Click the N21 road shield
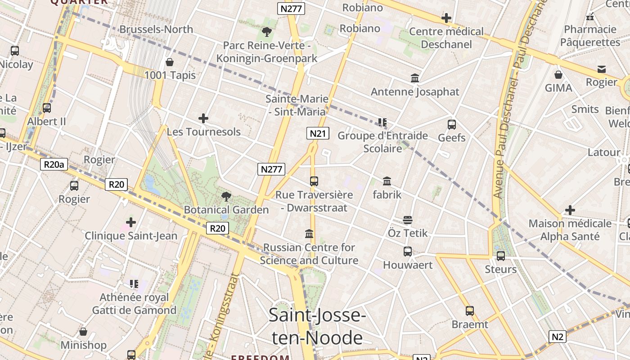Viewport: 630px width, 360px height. point(318,133)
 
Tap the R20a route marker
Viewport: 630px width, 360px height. point(54,164)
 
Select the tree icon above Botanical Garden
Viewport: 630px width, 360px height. point(226,197)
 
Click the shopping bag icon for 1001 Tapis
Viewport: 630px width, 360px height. point(170,62)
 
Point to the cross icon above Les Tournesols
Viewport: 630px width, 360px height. point(203,118)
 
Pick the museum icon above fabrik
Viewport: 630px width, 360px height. point(387,181)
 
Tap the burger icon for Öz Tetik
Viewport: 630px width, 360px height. point(408,220)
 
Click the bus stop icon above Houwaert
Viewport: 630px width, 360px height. point(408,252)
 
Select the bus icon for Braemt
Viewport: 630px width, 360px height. point(470,311)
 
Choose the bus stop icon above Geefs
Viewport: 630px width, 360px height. point(452,125)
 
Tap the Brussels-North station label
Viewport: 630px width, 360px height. point(156,29)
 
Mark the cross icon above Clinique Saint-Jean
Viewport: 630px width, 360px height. point(131,222)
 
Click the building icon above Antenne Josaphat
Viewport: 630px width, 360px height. point(415,78)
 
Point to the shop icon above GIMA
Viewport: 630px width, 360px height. point(558,75)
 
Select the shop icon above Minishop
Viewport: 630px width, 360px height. point(83,332)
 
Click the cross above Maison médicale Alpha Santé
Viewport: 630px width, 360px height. point(570,210)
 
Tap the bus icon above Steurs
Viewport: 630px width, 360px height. point(501,256)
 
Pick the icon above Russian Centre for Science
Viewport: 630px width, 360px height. point(309,234)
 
